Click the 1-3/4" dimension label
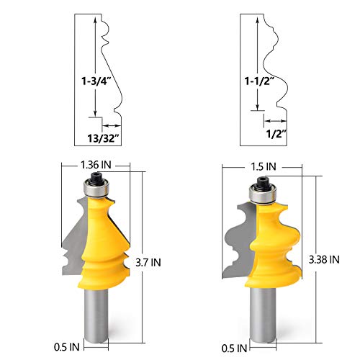96,81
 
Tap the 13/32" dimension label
104,138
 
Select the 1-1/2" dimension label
259,81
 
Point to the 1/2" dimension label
276,134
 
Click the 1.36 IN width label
96,165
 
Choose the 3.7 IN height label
148,262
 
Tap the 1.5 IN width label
264,166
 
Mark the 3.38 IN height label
324,259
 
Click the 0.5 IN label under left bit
66,347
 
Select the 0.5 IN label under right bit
234,348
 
